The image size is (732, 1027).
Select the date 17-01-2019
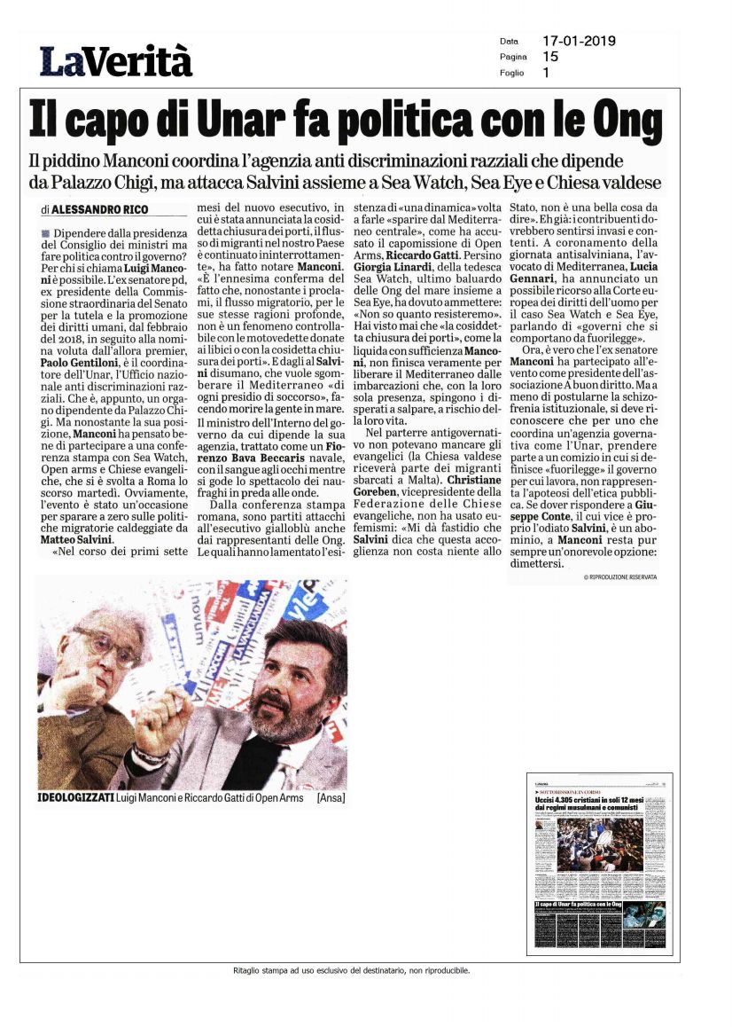[579, 41]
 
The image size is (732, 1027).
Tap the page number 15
[550, 57]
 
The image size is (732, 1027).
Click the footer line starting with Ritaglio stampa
[365, 970]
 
